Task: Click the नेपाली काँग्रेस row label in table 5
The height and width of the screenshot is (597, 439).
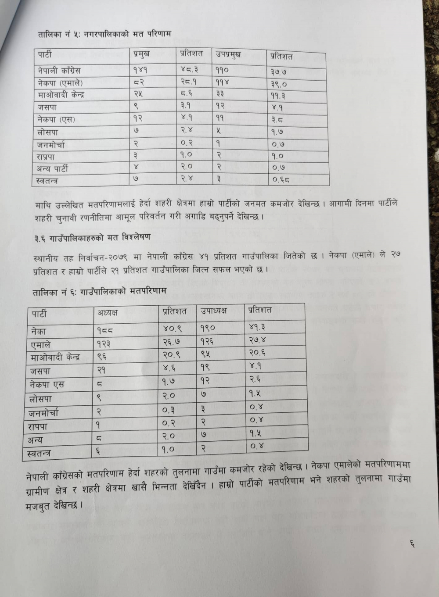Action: pos(59,70)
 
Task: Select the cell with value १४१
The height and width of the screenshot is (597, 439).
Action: pos(140,69)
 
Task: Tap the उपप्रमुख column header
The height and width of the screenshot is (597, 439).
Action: pos(228,55)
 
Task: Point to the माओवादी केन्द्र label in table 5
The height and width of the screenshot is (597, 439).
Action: pos(61,95)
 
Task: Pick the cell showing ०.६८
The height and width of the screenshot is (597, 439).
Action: pos(281,180)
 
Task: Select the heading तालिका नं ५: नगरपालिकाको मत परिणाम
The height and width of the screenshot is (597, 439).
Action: pos(104,34)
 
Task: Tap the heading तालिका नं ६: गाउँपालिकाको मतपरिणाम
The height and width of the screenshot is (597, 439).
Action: pos(100,291)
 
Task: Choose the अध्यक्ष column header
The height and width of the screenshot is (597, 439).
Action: pos(108,313)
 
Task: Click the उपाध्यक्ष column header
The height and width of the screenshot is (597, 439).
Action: pos(214,311)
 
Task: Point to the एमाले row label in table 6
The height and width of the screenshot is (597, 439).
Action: pos(41,345)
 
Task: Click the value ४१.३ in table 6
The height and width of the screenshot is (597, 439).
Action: pos(257,327)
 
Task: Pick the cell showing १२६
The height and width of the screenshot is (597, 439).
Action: pos(208,341)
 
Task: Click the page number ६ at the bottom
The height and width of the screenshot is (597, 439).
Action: pos(412,545)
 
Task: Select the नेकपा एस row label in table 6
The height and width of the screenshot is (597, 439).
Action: pos(47,385)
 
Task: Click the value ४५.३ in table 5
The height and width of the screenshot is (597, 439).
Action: pos(190,69)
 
